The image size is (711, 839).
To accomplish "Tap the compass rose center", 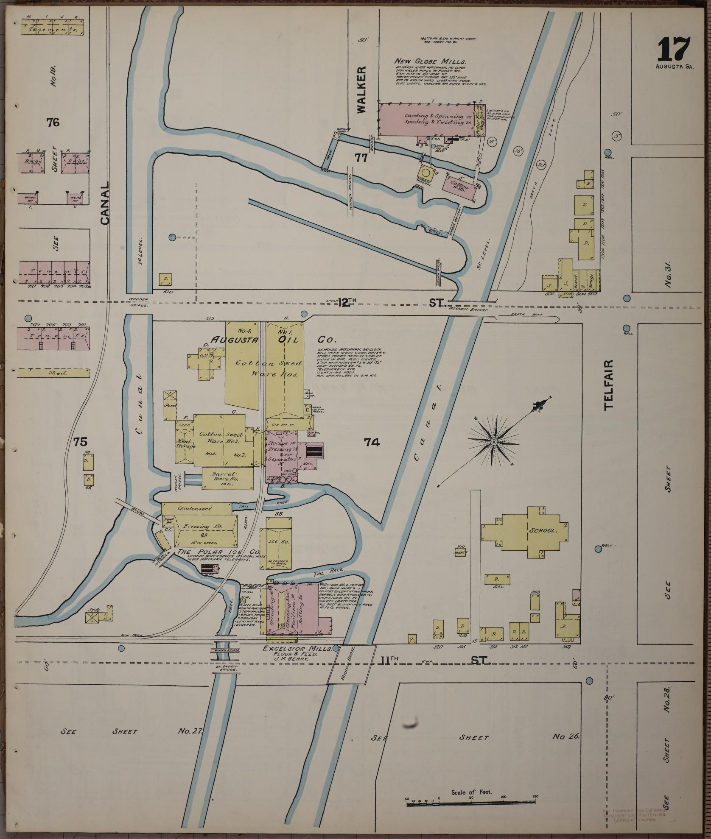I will (494, 442).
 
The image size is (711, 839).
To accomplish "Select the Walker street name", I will (361, 89).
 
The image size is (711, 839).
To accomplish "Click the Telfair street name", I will (609, 385).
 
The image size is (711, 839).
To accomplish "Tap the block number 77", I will (361, 158).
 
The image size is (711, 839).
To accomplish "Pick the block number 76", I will (53, 123).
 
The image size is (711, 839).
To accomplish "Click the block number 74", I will (372, 443).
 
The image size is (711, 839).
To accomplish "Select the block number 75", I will (81, 442).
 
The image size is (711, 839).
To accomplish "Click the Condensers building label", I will (194, 508).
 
